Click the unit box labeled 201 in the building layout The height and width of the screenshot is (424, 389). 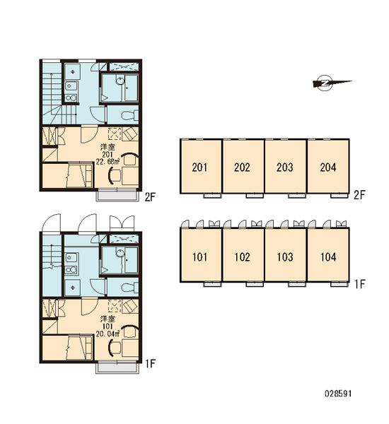tap(201, 166)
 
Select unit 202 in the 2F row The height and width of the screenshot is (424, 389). tap(243, 166)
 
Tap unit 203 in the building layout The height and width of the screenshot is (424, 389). tap(286, 166)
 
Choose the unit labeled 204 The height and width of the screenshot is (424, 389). tap(328, 166)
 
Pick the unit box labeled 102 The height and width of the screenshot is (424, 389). tap(243, 255)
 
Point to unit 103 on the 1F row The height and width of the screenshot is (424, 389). tap(286, 255)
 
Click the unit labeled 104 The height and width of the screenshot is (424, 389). tap(328, 255)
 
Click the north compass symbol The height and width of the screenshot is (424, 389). tap(330, 83)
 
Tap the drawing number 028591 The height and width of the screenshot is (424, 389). tap(338, 393)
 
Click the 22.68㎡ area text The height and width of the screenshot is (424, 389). tap(108, 162)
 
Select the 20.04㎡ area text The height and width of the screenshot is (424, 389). tap(108, 334)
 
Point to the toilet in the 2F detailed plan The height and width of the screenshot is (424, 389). tap(129, 115)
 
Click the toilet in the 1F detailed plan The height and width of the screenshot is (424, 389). tap(129, 287)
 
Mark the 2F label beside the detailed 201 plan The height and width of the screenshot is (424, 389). tap(150, 197)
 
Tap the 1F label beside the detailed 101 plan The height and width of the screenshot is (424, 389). tap(150, 364)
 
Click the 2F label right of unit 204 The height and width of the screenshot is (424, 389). tap(359, 195)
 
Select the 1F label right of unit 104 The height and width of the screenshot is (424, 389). tap(360, 284)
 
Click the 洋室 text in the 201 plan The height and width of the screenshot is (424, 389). tap(108, 147)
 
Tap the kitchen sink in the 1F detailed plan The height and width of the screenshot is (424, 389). tap(71, 257)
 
